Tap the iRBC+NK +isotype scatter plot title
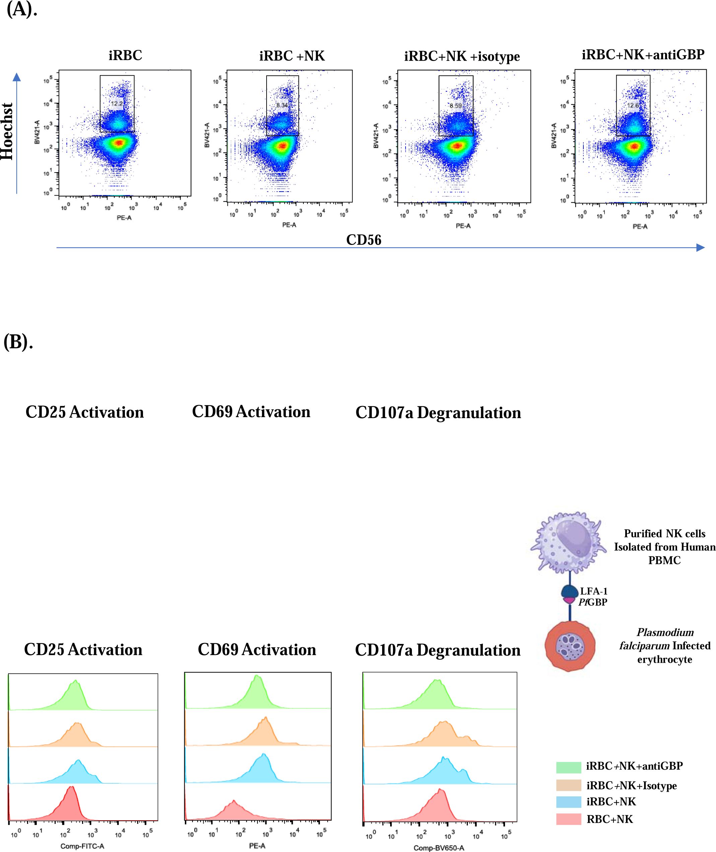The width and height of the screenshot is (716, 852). point(462,56)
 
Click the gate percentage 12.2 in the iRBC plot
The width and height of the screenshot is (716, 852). point(117,104)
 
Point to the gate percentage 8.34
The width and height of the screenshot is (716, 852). point(282,105)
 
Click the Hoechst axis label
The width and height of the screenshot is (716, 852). point(7,131)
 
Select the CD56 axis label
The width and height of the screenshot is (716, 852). point(364,240)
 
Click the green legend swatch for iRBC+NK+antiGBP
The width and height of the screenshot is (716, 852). point(568,767)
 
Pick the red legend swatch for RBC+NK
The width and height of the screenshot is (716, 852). point(568,820)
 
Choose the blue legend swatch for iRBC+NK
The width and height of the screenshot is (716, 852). point(568,802)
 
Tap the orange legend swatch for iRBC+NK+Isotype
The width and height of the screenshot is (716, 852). point(568,785)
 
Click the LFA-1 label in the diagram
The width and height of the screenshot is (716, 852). point(593,591)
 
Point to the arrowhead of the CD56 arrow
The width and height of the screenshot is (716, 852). point(701,247)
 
